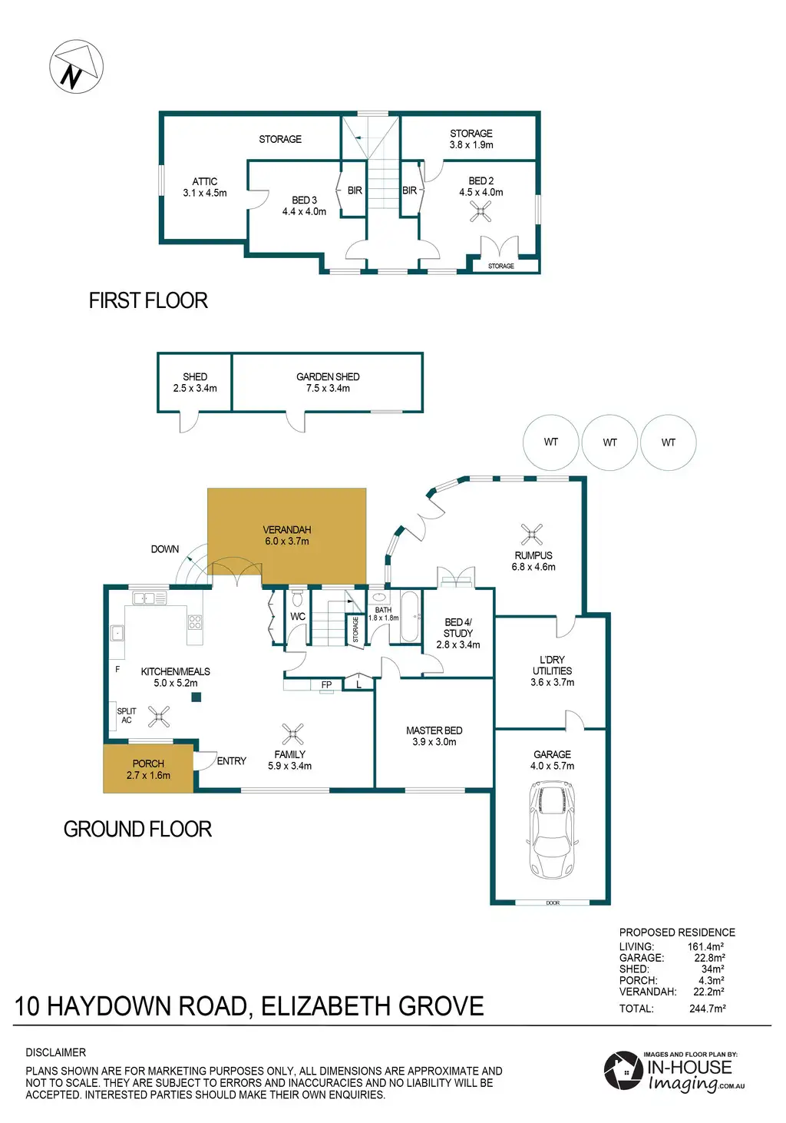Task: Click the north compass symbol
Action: click(x=76, y=66)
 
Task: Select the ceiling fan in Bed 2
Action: click(x=481, y=211)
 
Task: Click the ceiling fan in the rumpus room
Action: click(x=531, y=535)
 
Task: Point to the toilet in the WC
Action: click(x=298, y=598)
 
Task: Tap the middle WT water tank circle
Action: click(x=609, y=442)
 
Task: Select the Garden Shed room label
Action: click(x=328, y=376)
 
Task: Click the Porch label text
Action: click(x=148, y=764)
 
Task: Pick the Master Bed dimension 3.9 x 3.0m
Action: click(x=434, y=742)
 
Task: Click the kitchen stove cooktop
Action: click(x=195, y=622)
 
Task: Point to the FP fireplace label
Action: click(x=327, y=685)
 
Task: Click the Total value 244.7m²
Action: click(x=708, y=1009)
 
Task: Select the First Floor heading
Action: click(x=148, y=300)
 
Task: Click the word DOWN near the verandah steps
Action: click(x=165, y=549)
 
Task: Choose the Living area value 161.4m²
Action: click(x=705, y=946)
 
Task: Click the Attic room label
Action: click(x=205, y=181)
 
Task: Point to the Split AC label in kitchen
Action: click(x=126, y=715)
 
